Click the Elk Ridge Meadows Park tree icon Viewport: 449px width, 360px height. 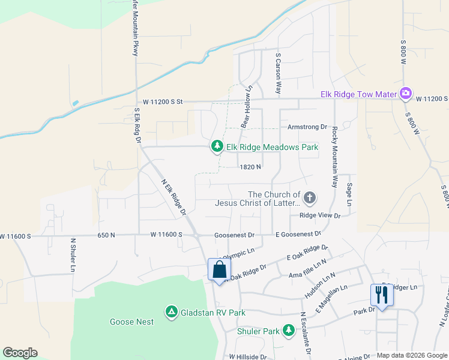pyautogui.click(x=217, y=146)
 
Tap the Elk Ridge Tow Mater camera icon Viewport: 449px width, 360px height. pyautogui.click(x=406, y=94)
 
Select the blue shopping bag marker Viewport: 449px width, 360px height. pyautogui.click(x=219, y=269)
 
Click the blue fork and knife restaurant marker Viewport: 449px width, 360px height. pyautogui.click(x=382, y=295)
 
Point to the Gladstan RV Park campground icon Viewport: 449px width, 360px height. pyautogui.click(x=172, y=312)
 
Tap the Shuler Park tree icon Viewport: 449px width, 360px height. pyautogui.click(x=289, y=331)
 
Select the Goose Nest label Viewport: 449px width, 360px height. pyautogui.click(x=131, y=322)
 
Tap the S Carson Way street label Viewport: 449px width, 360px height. pyautogui.click(x=278, y=74)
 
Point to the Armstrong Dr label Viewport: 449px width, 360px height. pyautogui.click(x=307, y=127)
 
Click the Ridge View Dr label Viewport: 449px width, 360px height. pyautogui.click(x=320, y=215)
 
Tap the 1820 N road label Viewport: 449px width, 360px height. pyautogui.click(x=250, y=167)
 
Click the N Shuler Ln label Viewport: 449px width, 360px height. pyautogui.click(x=72, y=254)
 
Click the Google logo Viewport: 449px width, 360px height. pyautogui.click(x=20, y=353)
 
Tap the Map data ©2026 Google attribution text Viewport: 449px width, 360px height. pyautogui.click(x=411, y=355)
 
